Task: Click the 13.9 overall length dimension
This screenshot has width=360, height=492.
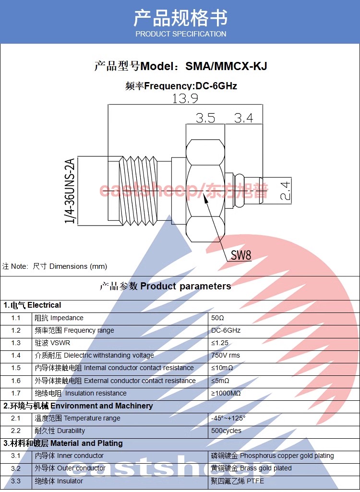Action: point(185,98)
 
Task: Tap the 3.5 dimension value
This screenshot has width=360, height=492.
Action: point(205,118)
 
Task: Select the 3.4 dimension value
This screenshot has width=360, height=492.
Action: point(243,118)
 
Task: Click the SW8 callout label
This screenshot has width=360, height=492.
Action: point(240,255)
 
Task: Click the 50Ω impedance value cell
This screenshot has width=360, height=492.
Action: point(218,318)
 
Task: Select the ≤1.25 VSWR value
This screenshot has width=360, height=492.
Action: point(220,343)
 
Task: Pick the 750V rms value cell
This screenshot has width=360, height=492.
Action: point(226,355)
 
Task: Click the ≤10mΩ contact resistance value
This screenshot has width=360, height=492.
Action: point(222,368)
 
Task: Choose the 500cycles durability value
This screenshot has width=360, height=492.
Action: point(226,431)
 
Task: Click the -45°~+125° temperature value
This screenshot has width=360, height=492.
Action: point(228,418)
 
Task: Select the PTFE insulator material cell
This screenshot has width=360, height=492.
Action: point(237,481)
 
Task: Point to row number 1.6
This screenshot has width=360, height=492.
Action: point(16,381)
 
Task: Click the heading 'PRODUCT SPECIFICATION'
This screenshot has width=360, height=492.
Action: point(180,34)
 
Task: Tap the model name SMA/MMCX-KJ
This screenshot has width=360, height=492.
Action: point(226,66)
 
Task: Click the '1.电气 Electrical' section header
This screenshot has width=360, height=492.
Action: point(33,305)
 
